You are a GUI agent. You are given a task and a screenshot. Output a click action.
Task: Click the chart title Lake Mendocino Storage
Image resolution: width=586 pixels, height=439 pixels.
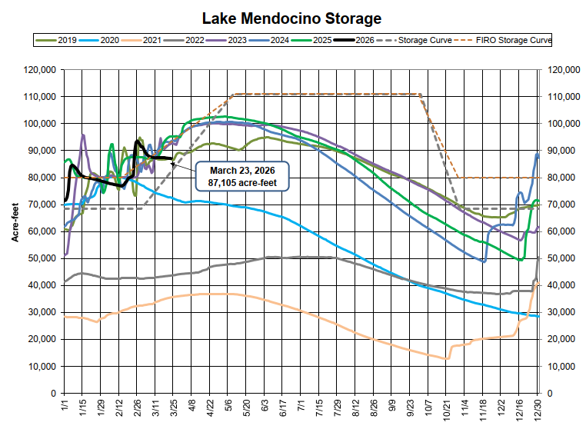pyautogui.click(x=291, y=17)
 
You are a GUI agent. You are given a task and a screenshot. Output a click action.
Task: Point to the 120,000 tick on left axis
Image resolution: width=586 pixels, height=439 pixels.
pyautogui.click(x=38, y=69)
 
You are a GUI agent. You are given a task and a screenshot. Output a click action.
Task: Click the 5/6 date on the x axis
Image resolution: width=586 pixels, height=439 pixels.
pyautogui.click(x=230, y=410)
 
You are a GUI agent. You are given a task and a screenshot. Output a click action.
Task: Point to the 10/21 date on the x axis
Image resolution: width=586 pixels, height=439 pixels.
pyautogui.click(x=447, y=411)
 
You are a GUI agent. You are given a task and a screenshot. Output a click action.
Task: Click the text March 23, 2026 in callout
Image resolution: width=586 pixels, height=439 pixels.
pyautogui.click(x=239, y=169)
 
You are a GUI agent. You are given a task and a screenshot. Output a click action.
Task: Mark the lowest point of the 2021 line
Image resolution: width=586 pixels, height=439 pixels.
pyautogui.click(x=447, y=358)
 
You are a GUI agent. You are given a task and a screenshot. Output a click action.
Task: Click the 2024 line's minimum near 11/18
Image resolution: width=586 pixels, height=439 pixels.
pyautogui.click(x=484, y=261)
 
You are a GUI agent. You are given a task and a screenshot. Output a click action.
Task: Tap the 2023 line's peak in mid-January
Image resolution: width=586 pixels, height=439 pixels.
pyautogui.click(x=83, y=135)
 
